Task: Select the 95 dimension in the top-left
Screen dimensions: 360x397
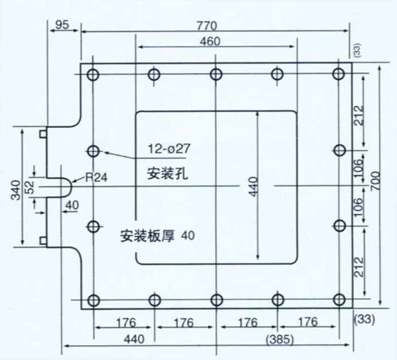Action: pos(63,25)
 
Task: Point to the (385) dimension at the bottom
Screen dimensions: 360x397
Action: pos(280,339)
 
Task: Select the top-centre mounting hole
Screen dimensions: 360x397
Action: pos(216,74)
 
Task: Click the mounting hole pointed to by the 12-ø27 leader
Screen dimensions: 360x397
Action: pos(94,151)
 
